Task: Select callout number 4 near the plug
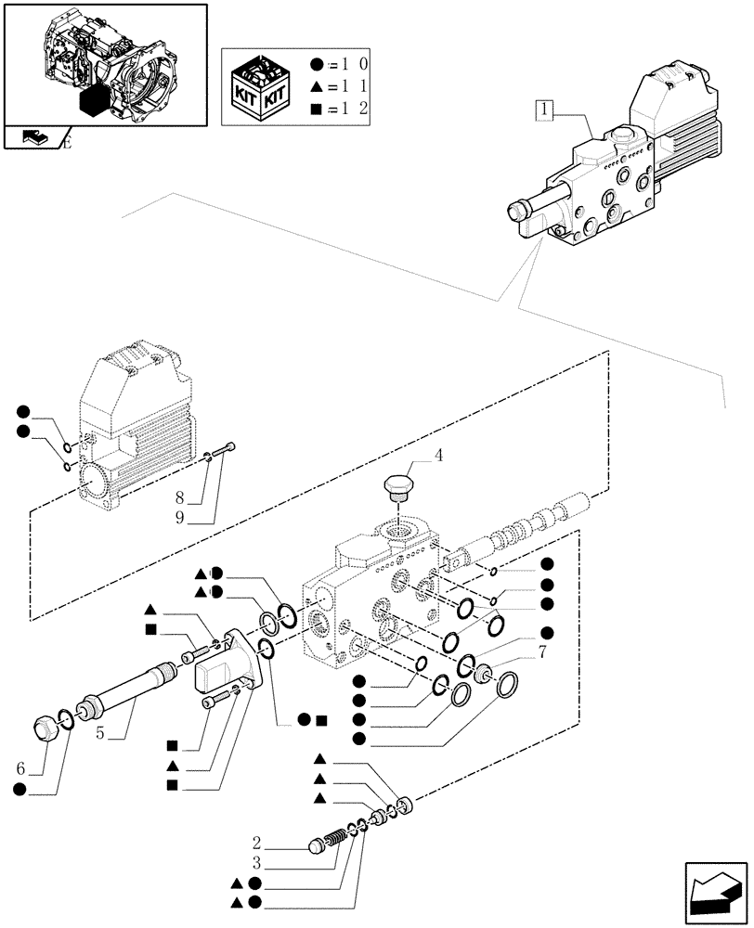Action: click(438, 456)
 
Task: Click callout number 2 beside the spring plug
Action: click(256, 844)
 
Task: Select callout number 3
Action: click(256, 865)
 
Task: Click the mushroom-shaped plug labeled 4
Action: click(399, 488)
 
